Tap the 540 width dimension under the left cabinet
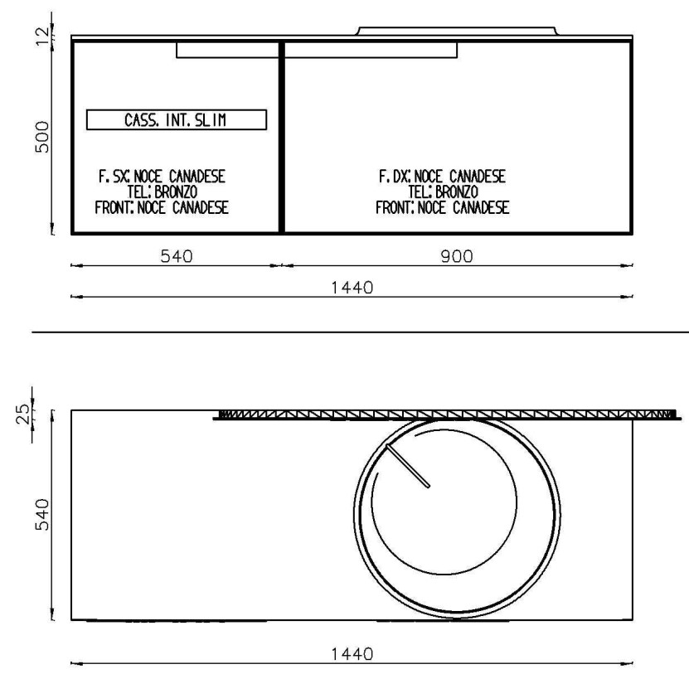[x=177, y=256]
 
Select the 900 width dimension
[x=457, y=256]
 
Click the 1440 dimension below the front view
[x=352, y=288]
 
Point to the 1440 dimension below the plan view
[x=352, y=654]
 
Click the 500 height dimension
[x=42, y=137]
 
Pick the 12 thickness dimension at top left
[x=42, y=36]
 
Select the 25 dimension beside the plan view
[x=23, y=414]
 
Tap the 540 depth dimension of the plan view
[x=42, y=515]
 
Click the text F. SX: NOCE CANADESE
[x=162, y=177]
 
